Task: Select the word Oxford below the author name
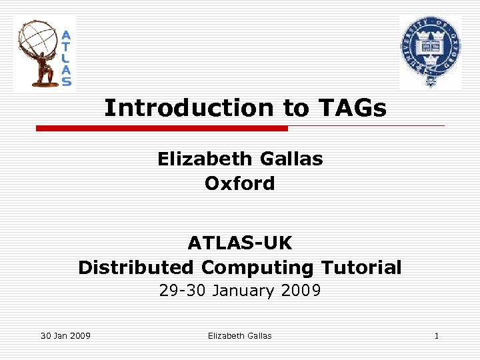(239, 183)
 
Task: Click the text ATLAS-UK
(239, 242)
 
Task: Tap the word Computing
(258, 268)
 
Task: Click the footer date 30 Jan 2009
(65, 335)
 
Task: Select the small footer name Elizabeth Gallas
(239, 335)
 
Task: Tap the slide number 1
(436, 335)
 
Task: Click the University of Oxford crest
(430, 52)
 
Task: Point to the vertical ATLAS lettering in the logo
(67, 58)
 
